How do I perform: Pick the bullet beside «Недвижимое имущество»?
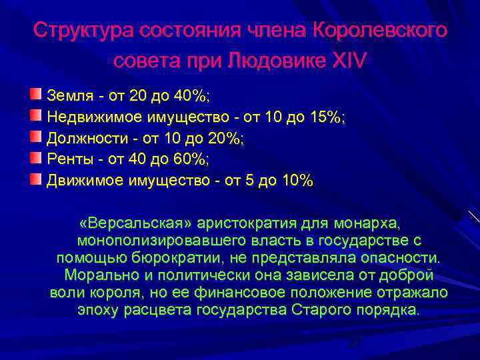(x=36, y=117)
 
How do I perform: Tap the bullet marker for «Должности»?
(x=36, y=138)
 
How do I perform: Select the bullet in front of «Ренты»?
(x=36, y=159)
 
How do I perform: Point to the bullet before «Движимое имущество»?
(x=36, y=179)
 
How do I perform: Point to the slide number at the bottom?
(x=355, y=341)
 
